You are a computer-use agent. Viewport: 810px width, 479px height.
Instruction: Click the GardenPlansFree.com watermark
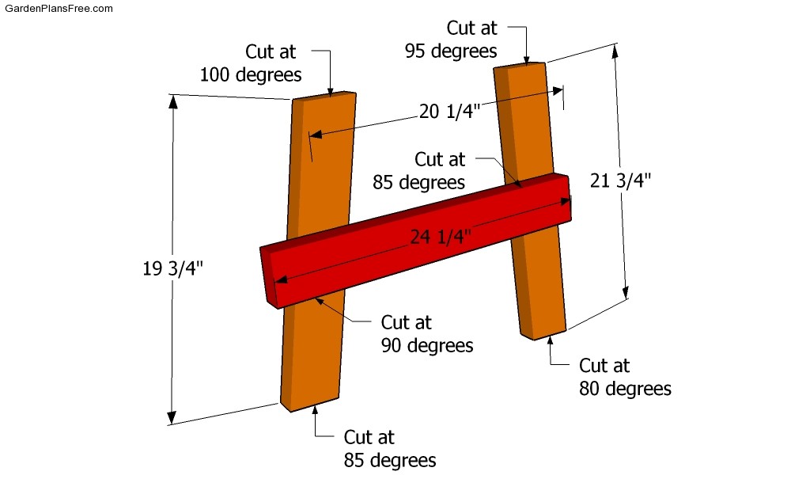coord(59,8)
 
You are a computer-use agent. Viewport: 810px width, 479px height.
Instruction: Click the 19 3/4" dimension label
coord(172,268)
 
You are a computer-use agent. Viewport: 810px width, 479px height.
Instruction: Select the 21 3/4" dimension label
coord(620,180)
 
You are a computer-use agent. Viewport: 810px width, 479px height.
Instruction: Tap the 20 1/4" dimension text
coord(449,111)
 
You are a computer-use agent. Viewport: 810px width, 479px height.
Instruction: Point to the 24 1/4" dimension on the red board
coord(441,237)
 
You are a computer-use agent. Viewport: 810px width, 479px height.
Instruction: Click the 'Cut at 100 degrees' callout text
coord(251,63)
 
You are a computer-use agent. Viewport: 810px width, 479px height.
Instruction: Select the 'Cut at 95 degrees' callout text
coord(451,40)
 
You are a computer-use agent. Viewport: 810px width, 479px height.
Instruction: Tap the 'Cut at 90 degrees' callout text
coord(427,333)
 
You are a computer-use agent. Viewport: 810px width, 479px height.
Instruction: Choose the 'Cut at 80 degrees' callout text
coord(625,377)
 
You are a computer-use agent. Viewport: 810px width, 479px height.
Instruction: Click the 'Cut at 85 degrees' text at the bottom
coord(390,448)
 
